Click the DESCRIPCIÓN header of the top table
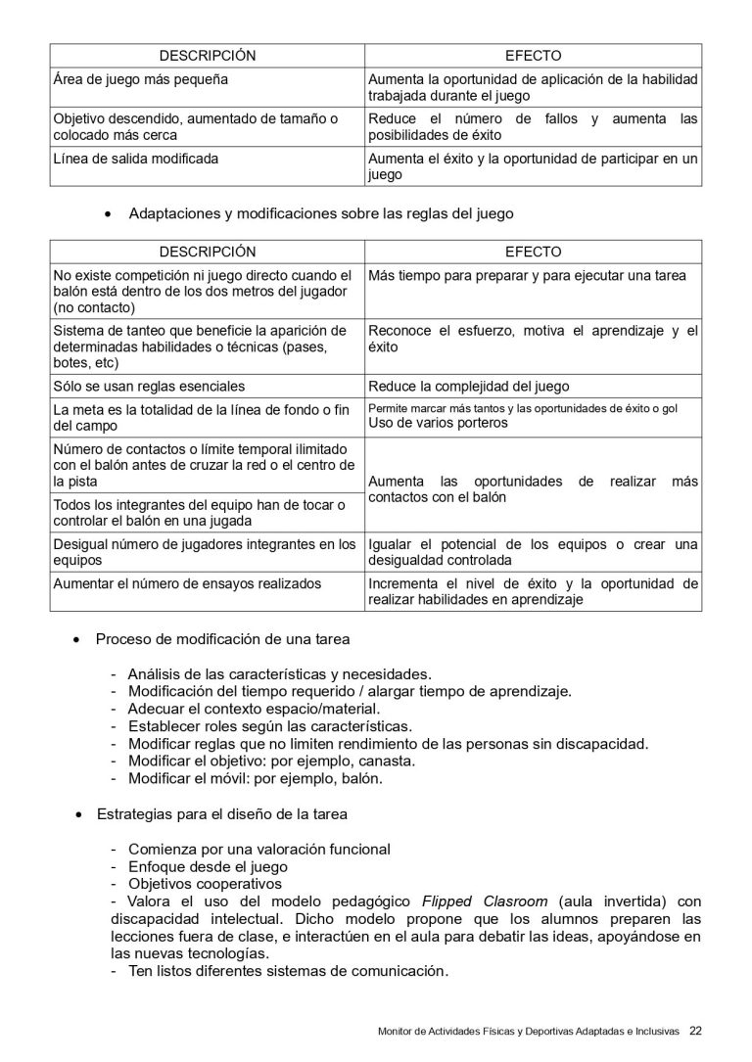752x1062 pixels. click(207, 56)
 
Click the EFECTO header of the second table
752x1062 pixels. click(533, 252)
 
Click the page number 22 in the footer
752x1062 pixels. click(695, 1031)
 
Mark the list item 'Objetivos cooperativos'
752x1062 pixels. click(205, 884)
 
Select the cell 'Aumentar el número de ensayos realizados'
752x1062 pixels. click(187, 584)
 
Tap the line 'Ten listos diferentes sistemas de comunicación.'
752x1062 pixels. click(288, 972)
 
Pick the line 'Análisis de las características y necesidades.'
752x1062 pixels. click(279, 673)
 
